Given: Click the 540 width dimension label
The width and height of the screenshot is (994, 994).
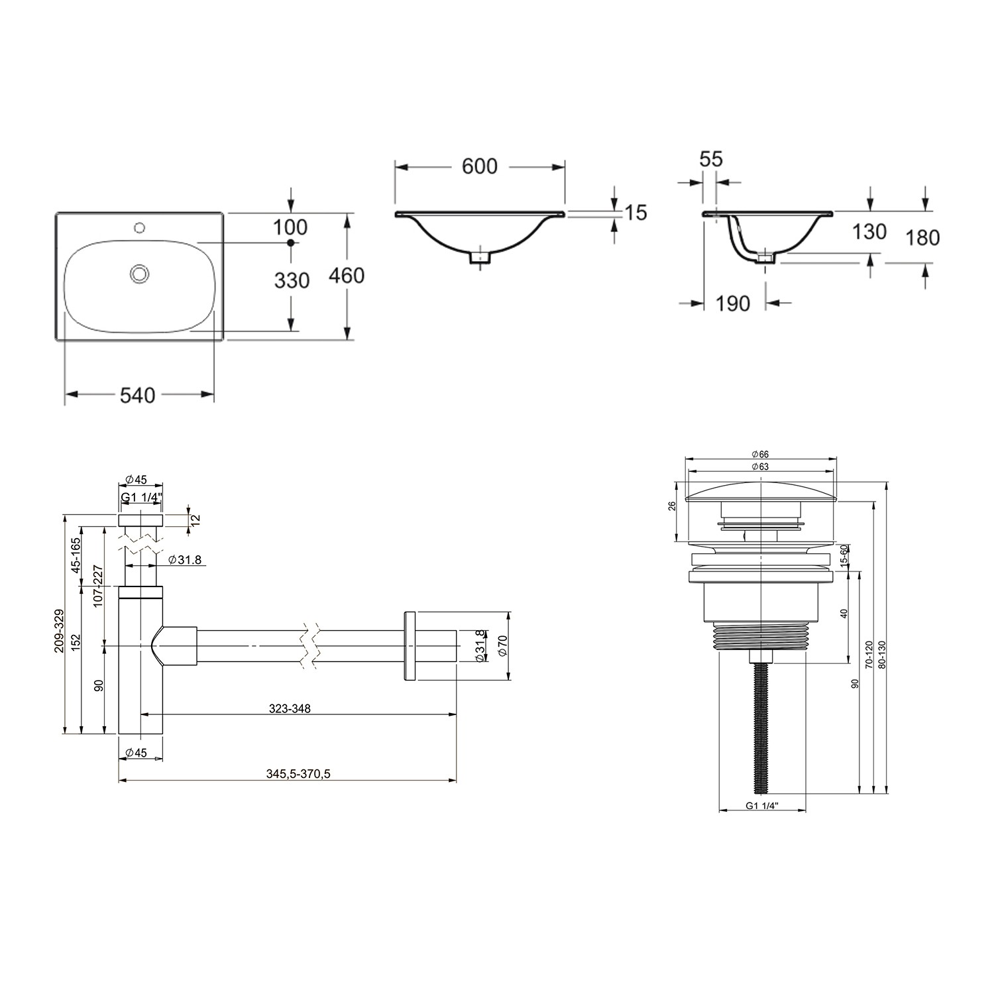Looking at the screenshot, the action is coord(138,395).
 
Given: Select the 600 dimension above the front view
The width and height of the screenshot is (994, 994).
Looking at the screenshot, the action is coord(479,166).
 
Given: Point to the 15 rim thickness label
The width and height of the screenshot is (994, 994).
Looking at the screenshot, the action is coord(635,212).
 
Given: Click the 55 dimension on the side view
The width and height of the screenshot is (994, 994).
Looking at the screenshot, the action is coord(711,159).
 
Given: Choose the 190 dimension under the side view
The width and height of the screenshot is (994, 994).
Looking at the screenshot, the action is coord(733,304).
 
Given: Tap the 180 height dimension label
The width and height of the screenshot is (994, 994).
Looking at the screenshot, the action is coord(923,237).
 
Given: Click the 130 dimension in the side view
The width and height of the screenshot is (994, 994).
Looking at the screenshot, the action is coord(869,231).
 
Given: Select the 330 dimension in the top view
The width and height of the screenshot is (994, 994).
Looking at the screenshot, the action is coord(292,281).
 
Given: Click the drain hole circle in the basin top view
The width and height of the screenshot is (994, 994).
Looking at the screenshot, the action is coord(140,272).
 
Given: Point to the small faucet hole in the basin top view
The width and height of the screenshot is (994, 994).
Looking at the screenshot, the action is coord(139,229).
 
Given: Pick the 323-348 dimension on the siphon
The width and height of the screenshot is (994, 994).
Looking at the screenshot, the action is coord(290,708).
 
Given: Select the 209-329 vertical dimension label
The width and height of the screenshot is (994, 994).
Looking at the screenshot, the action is coord(60,632).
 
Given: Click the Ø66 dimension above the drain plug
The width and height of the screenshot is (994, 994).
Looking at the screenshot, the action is coord(759,454).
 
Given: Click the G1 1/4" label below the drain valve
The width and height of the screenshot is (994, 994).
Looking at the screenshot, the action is coord(761,806).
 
